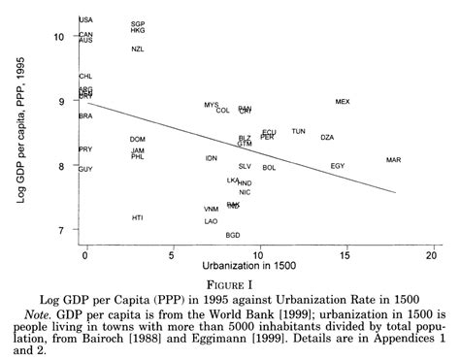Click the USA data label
coord(85,19)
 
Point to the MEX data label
coord(343,101)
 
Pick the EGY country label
coord(338,166)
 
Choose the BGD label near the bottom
coord(233,235)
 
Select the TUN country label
coord(298,131)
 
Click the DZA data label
coord(327,137)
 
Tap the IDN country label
coord(212,158)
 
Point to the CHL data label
coord(85,76)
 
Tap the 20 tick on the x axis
coord(432,254)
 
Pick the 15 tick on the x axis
coord(345,254)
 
